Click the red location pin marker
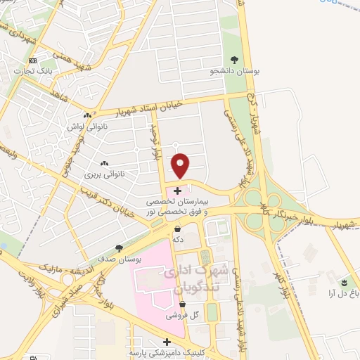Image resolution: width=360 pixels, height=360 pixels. [181, 165]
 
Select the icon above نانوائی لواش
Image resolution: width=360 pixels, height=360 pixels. [87, 115]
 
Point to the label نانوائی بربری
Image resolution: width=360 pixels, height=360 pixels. [104, 172]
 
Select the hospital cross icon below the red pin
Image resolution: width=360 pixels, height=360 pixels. [177, 190]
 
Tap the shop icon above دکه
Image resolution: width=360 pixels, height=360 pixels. [177, 229]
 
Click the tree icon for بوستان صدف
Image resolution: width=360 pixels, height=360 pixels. [118, 248]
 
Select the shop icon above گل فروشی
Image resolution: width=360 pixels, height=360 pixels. [182, 304]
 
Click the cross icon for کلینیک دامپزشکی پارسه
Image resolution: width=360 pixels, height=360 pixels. [166, 342]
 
